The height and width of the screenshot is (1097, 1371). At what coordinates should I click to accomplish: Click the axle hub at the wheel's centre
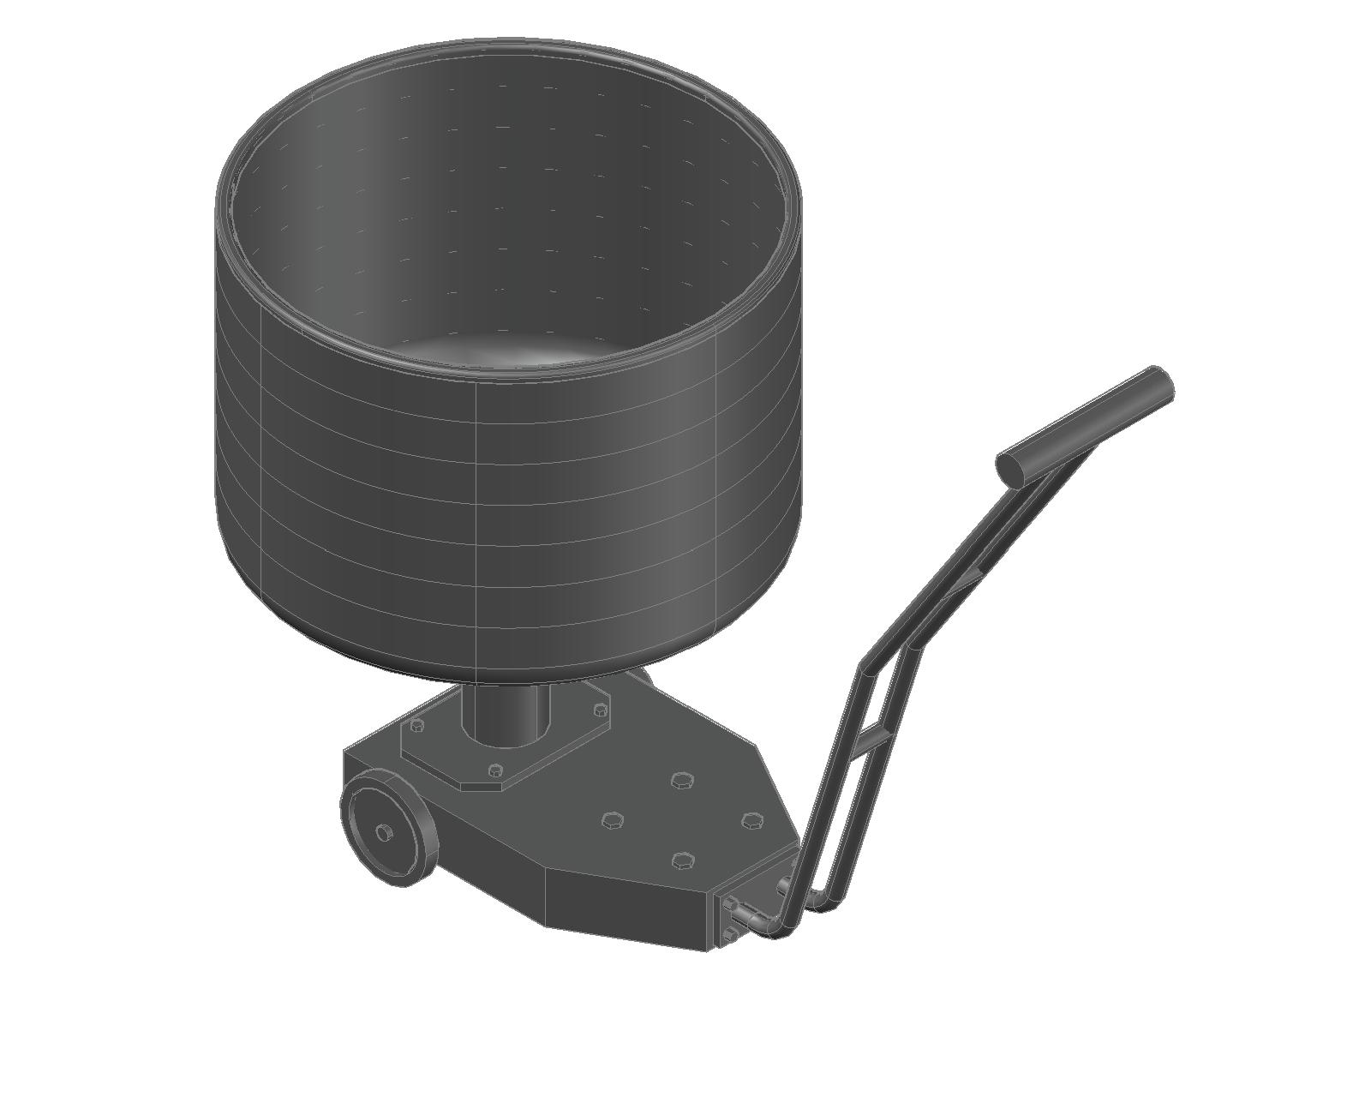tap(383, 833)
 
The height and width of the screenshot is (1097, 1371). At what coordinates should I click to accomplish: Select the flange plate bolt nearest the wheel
tap(417, 726)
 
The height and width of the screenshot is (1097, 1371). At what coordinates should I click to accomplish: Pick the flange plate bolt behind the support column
tap(600, 710)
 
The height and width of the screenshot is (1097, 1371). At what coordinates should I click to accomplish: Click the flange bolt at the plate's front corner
tap(494, 771)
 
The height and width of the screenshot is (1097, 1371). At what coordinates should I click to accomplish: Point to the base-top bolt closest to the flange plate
tap(680, 779)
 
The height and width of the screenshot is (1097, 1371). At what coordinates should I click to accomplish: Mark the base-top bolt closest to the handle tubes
tap(751, 820)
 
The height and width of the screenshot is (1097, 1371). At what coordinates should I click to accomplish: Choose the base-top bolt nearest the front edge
tap(681, 859)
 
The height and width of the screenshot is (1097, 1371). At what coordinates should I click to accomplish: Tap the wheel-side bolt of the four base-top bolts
tap(611, 820)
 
